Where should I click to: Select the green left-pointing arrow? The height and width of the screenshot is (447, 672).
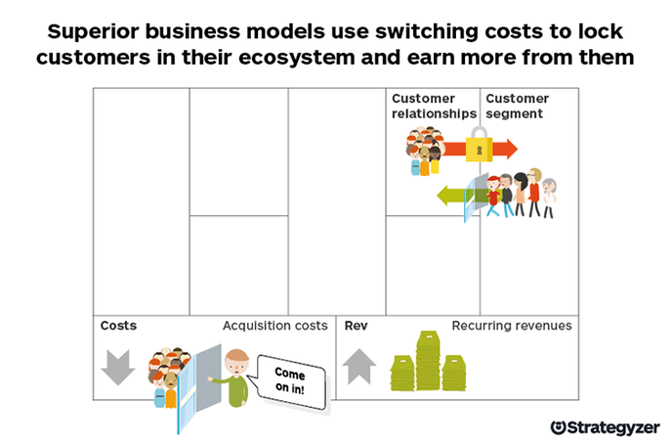[x=450, y=196]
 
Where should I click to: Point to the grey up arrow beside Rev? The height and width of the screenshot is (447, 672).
[x=358, y=365]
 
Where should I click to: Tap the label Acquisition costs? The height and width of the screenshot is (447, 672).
[x=274, y=326]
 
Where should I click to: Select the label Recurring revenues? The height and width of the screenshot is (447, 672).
[x=511, y=326]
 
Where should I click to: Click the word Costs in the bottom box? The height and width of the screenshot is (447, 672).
[x=118, y=326]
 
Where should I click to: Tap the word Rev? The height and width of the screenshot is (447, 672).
[x=356, y=326]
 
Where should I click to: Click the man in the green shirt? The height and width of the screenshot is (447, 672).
[x=231, y=381]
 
